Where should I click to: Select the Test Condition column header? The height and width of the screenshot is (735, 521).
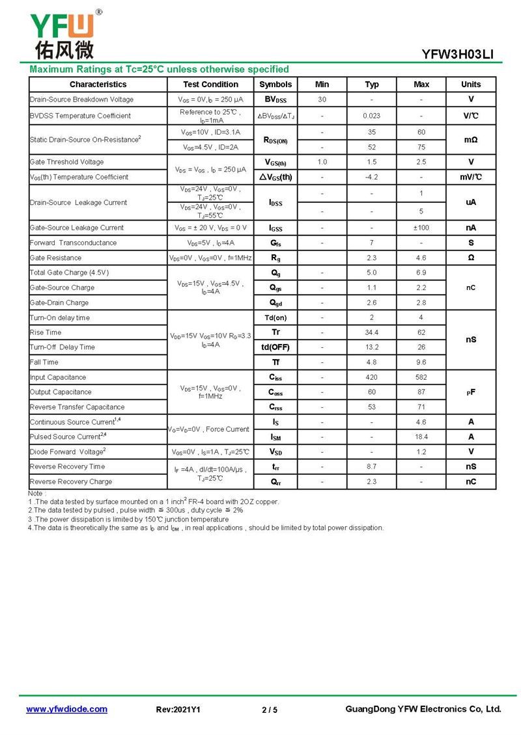(210, 85)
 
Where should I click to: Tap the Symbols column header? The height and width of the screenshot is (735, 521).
(275, 85)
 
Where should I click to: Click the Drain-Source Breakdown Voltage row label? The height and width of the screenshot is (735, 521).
(81, 100)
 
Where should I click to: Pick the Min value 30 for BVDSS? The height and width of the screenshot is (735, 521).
(322, 100)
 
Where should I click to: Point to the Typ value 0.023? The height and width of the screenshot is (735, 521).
(372, 116)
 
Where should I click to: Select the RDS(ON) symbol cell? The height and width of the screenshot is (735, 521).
(275, 140)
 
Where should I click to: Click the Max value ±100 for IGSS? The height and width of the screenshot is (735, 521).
(421, 228)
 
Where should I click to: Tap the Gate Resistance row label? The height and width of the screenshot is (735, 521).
(56, 258)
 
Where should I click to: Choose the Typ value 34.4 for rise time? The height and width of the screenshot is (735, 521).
(372, 332)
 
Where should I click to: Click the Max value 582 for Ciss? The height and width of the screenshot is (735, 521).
(421, 377)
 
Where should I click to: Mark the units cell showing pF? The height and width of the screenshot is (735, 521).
(471, 392)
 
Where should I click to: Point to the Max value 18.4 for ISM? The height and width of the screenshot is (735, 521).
(421, 436)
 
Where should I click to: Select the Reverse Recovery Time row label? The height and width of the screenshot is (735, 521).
(67, 466)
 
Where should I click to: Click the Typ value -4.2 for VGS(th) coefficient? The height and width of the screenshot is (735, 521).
(372, 177)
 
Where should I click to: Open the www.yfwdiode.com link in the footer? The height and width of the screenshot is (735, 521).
(66, 709)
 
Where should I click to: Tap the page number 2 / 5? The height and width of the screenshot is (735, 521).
(270, 710)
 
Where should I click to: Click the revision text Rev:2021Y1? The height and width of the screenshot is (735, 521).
(178, 710)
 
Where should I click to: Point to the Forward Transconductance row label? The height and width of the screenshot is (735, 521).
(73, 243)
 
